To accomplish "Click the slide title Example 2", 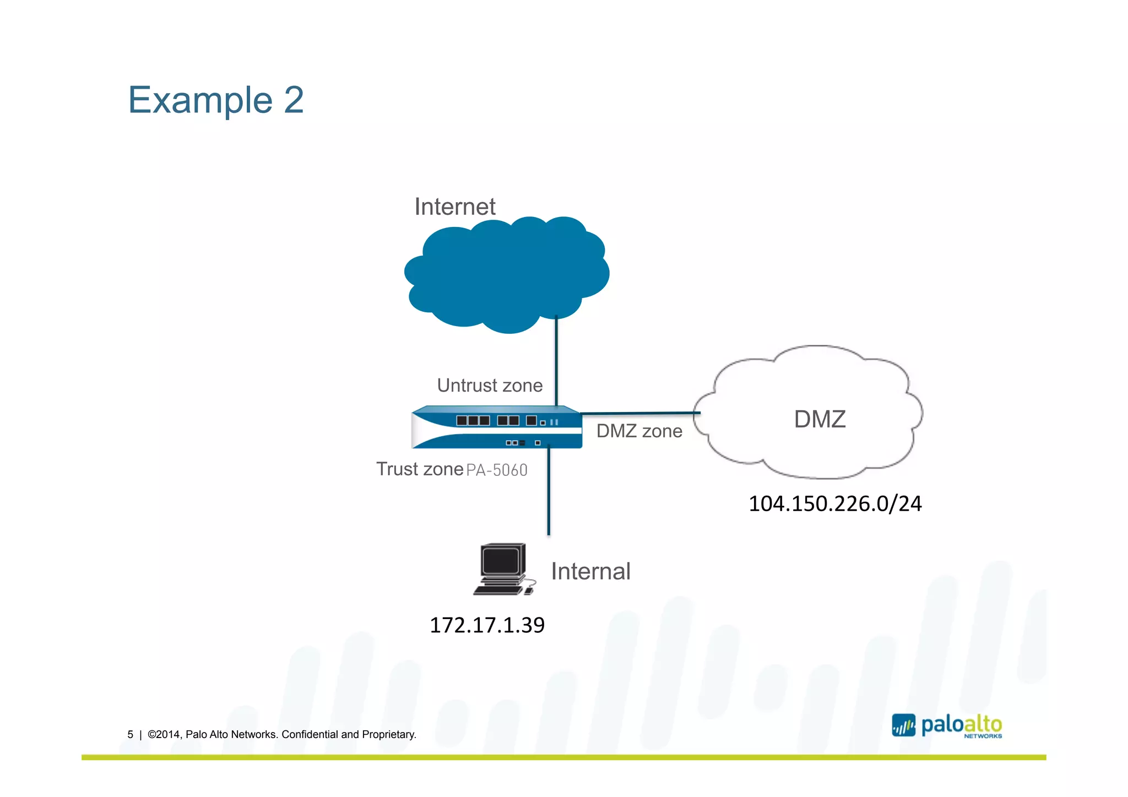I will pyautogui.click(x=215, y=100).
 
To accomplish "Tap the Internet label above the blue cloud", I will pyautogui.click(x=454, y=207).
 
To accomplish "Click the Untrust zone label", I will pyautogui.click(x=489, y=386).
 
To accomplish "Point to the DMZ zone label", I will pyautogui.click(x=639, y=431).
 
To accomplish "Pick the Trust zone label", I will pyautogui.click(x=420, y=469).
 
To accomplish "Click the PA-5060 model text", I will pyautogui.click(x=497, y=470).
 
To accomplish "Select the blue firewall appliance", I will pyautogui.click(x=496, y=428).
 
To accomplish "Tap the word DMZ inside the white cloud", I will pyautogui.click(x=819, y=419).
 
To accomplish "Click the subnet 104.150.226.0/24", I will pyautogui.click(x=834, y=504).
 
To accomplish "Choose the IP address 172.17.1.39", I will pyautogui.click(x=487, y=625).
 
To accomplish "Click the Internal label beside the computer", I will pyautogui.click(x=590, y=572).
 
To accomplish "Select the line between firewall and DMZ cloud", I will pyautogui.click(x=639, y=413).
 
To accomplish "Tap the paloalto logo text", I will pyautogui.click(x=961, y=725).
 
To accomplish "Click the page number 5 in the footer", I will pyautogui.click(x=131, y=735).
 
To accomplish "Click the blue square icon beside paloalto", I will pyautogui.click(x=903, y=726).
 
